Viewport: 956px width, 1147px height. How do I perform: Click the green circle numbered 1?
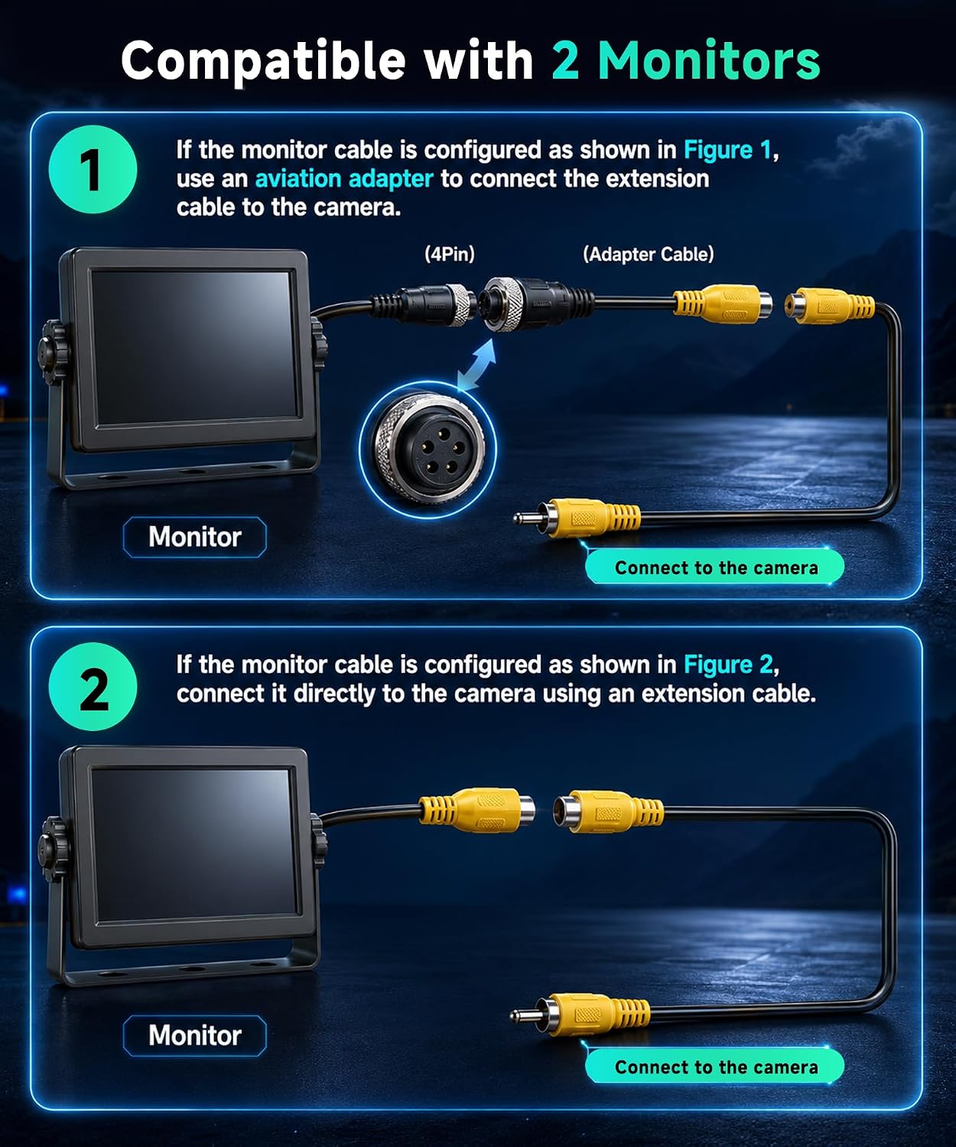point(93,169)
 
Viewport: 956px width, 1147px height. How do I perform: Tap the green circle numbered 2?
point(93,687)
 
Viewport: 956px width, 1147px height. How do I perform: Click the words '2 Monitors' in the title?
point(686,60)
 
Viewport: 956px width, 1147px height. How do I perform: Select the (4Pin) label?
point(450,254)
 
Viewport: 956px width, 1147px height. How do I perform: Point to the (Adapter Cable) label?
point(649,254)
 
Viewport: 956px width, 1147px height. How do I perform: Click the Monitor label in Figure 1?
point(195,537)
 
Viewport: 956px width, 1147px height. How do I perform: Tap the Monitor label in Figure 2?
point(195,1035)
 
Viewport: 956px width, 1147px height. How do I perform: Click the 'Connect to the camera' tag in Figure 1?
point(715,567)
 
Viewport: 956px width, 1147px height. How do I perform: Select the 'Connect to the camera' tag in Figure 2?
point(715,1067)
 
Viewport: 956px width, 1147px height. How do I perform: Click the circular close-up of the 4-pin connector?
point(428,450)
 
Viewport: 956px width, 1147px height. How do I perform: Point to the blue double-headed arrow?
point(476,364)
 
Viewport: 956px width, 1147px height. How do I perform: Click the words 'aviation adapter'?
point(344,179)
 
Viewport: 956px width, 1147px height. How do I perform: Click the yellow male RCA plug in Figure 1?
point(577,517)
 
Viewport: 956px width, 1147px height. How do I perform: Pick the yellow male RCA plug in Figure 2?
point(580,1015)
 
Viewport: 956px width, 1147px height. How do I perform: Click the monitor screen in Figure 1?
point(193,348)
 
